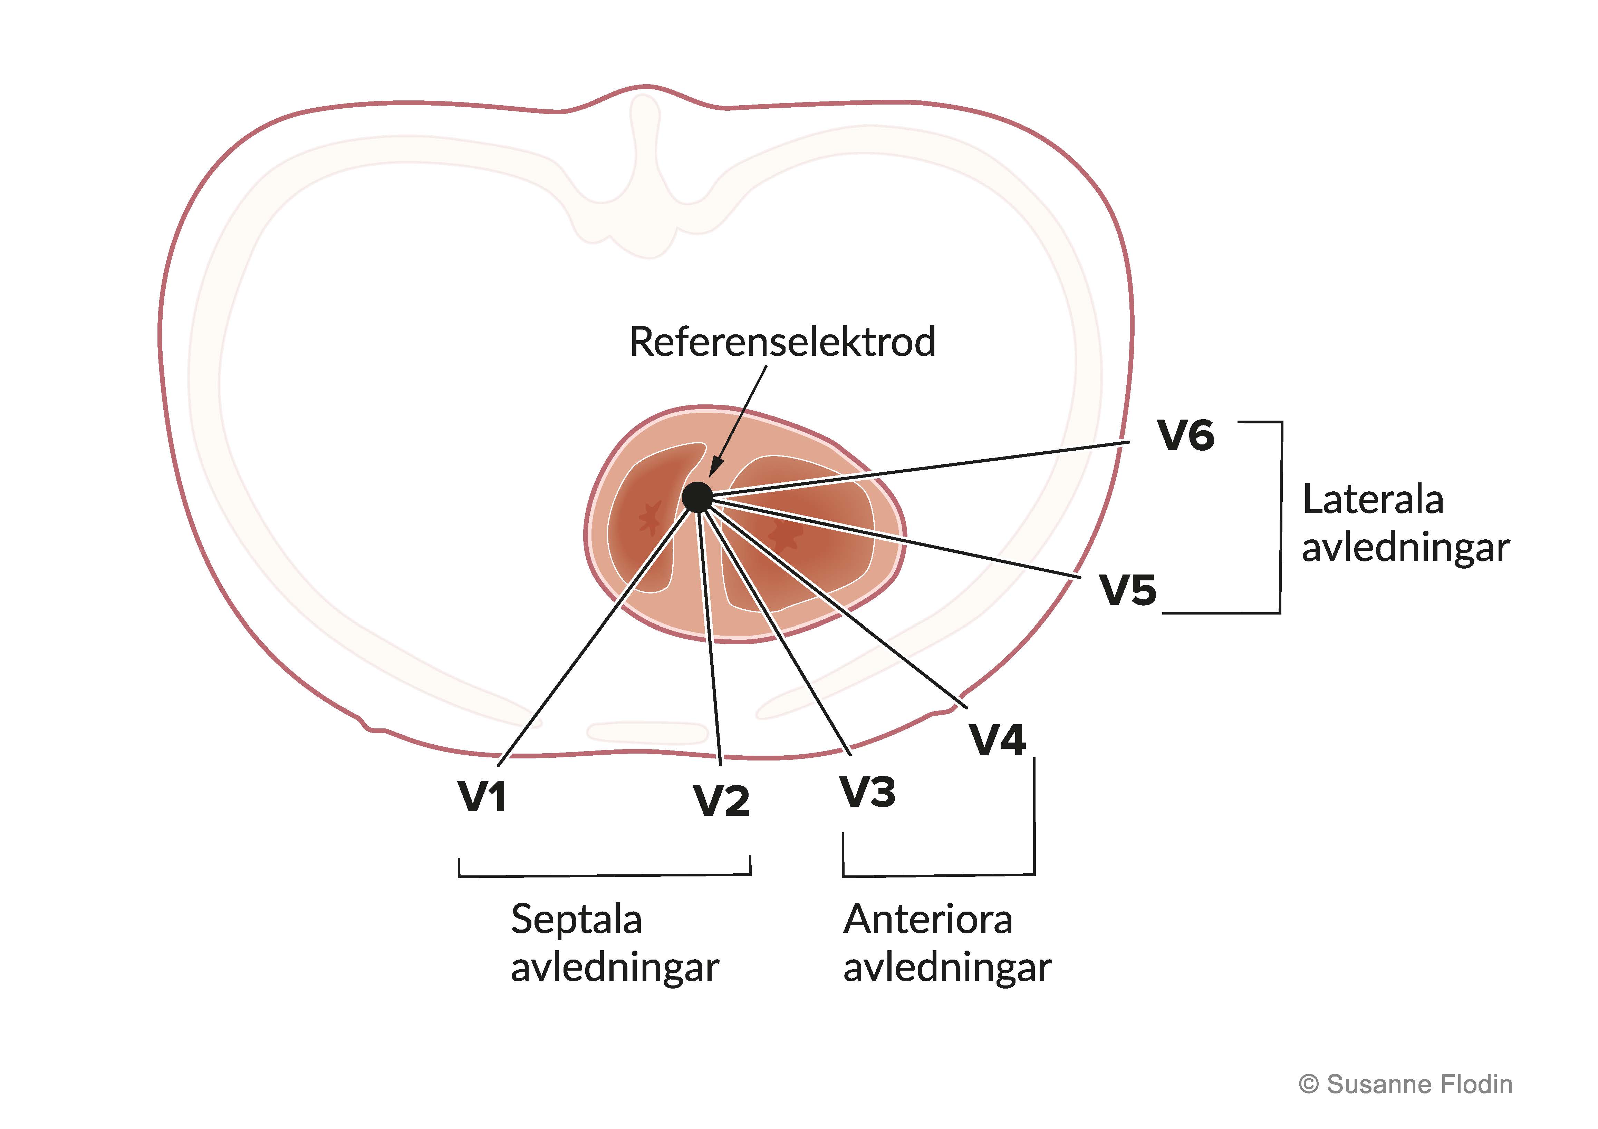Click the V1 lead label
tap(482, 796)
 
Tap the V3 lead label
tap(868, 792)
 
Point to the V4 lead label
tap(997, 740)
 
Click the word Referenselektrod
tap(782, 342)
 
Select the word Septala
tap(576, 920)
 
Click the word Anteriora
tap(928, 920)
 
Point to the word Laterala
tap(1373, 500)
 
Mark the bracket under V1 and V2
tap(604, 874)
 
